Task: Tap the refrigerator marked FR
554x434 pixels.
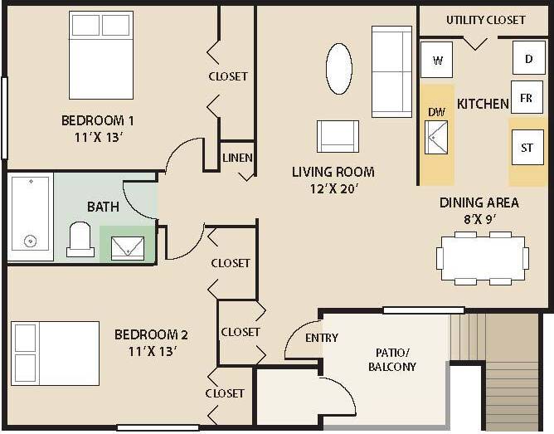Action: tap(526, 97)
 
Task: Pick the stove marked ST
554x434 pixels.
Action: tap(527, 148)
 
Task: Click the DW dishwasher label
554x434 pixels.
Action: tap(436, 112)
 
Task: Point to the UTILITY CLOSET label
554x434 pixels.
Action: tap(485, 20)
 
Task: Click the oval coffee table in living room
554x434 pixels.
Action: tap(338, 69)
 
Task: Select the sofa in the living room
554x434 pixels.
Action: tap(391, 71)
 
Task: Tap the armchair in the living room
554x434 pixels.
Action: tap(338, 136)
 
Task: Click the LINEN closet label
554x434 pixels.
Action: tap(237, 158)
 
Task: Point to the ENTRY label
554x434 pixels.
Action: tap(322, 338)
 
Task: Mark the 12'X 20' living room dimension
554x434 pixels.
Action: tap(333, 188)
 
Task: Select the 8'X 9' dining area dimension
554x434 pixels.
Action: tap(480, 220)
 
